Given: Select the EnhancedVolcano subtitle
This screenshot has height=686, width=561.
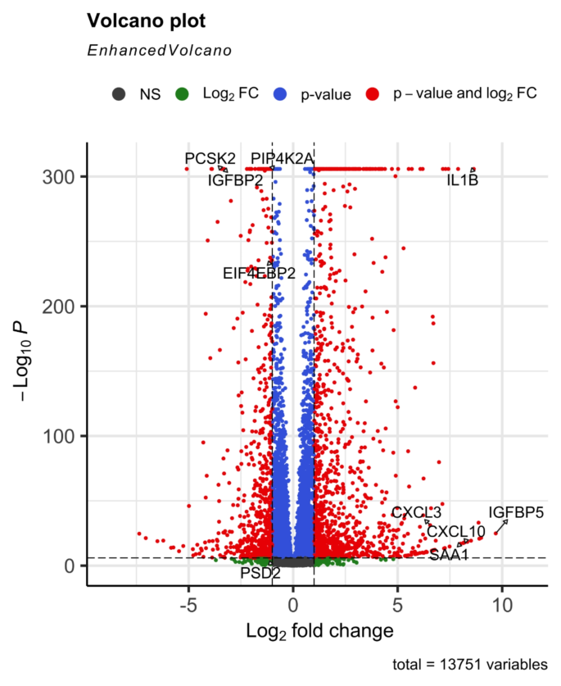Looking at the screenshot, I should pyautogui.click(x=159, y=50).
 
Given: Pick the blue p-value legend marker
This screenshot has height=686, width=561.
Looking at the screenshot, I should pyautogui.click(x=281, y=94).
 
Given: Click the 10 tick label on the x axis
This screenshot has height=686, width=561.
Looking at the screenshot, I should pyautogui.click(x=502, y=607).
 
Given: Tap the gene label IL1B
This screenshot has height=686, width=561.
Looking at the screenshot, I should pyautogui.click(x=462, y=179).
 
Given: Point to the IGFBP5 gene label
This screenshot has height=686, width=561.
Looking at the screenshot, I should pyautogui.click(x=516, y=513).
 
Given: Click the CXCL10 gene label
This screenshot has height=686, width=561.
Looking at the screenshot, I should pyautogui.click(x=455, y=532).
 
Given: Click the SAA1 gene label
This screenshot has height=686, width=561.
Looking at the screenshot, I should pyautogui.click(x=449, y=555).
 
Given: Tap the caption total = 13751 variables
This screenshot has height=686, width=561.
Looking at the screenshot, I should pyautogui.click(x=470, y=665).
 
